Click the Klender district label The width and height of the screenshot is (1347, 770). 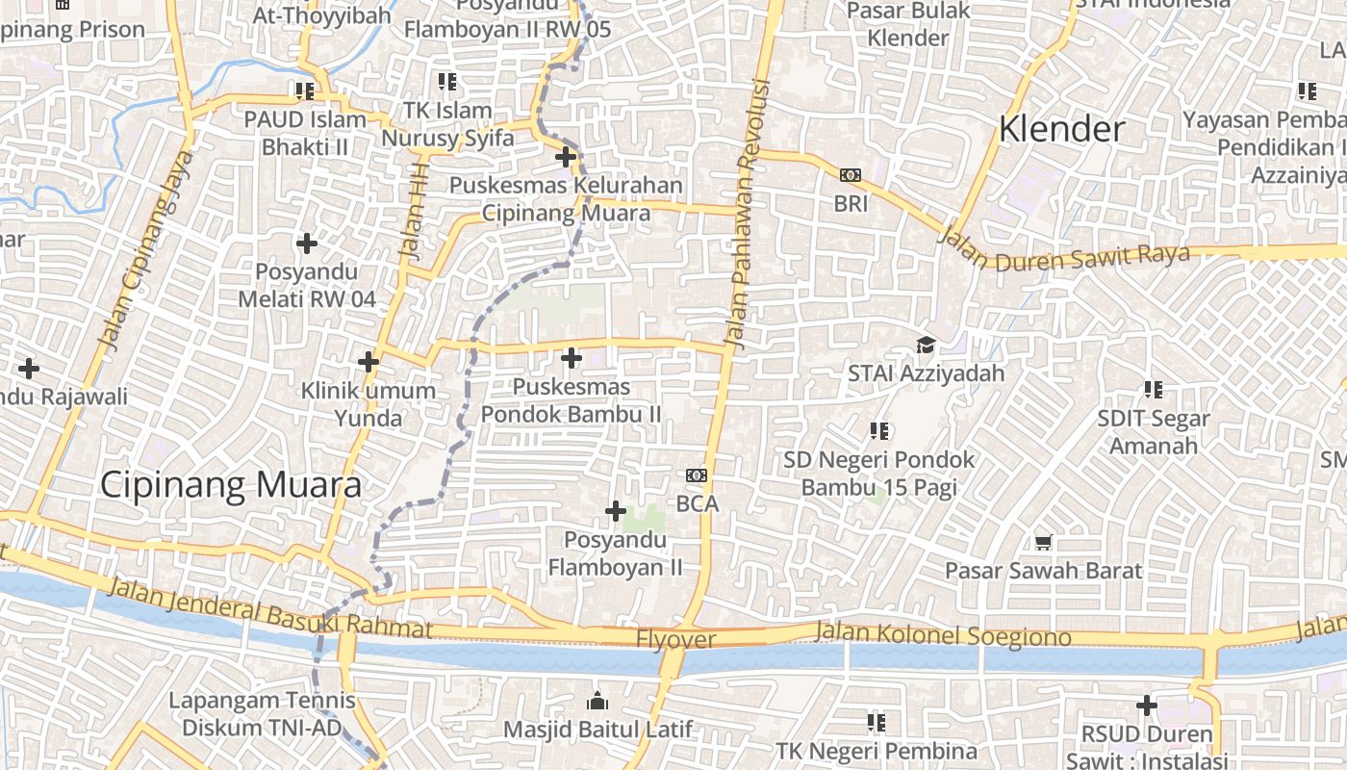pos(1062,129)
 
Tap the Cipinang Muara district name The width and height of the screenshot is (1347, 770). pos(231,484)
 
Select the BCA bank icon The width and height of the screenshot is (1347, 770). pos(697,475)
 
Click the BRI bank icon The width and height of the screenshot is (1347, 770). pos(851,175)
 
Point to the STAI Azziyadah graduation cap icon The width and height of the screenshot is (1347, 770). pos(926,345)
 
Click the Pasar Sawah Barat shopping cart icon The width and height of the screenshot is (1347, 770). pos(1043,543)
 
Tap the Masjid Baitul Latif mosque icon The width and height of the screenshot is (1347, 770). pos(597,700)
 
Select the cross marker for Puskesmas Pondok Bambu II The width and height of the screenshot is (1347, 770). pos(572,359)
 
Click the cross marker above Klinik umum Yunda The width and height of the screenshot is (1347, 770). pos(368,363)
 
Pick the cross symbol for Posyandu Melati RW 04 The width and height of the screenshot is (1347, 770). pos(307,244)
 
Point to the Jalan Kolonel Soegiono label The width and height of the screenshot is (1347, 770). pos(942,633)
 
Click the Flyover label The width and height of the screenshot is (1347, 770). pos(675,640)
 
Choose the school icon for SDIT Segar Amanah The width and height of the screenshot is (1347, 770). pos(1153,390)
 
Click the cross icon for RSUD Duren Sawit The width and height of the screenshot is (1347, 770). pos(1146,706)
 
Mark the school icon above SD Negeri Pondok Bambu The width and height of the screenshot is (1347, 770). pos(878,431)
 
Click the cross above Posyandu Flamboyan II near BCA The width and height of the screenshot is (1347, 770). pos(616,511)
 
